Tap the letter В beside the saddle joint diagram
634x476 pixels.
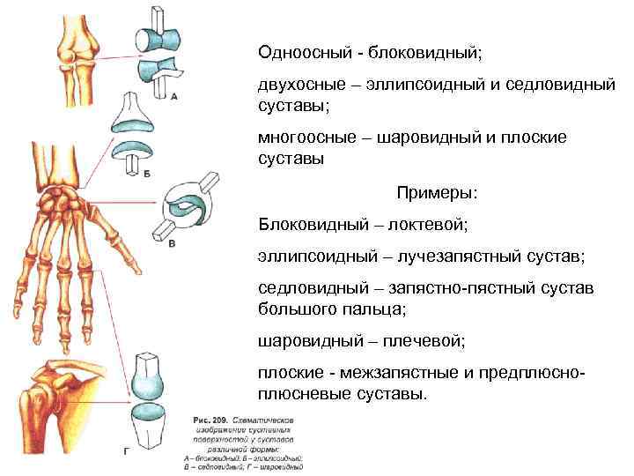173,244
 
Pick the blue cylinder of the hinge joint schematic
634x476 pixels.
158,41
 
